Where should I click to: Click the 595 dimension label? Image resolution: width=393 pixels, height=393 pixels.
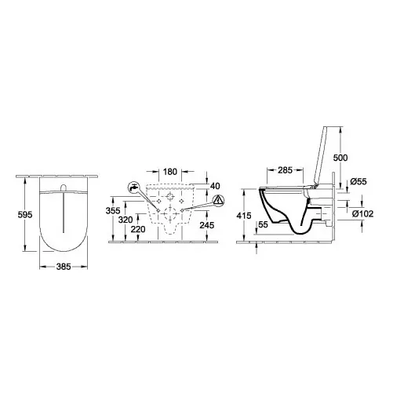pyautogui.click(x=25, y=215)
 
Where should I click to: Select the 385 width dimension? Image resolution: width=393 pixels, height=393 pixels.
pyautogui.click(x=64, y=267)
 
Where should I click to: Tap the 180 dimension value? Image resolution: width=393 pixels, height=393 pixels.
pyautogui.click(x=170, y=172)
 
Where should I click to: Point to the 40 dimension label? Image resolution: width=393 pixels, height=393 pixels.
pyautogui.click(x=215, y=186)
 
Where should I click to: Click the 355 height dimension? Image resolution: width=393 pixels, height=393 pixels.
pyautogui.click(x=113, y=210)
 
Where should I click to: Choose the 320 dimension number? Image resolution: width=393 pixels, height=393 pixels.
pyautogui.click(x=126, y=220)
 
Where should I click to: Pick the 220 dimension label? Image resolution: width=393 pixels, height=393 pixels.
pyautogui.click(x=138, y=229)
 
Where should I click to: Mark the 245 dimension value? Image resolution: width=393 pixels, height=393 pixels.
pyautogui.click(x=207, y=225)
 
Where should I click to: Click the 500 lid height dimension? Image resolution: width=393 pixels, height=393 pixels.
pyautogui.click(x=340, y=158)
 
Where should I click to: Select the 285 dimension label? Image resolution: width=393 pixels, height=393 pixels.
pyautogui.click(x=285, y=170)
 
